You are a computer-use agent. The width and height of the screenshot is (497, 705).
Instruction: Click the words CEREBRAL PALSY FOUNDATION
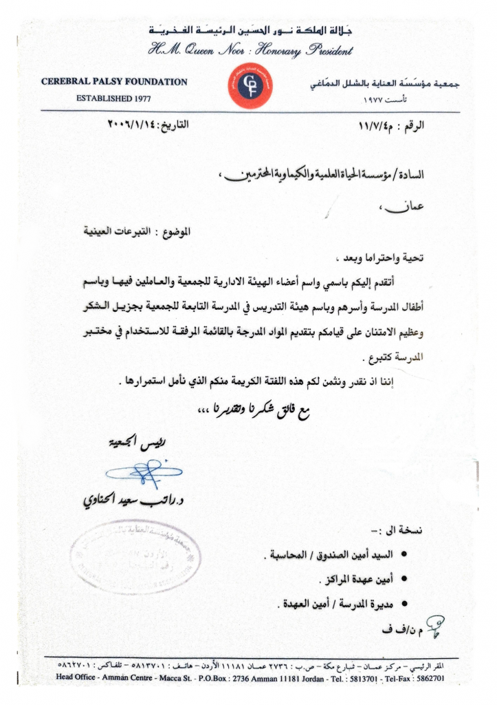point(114,82)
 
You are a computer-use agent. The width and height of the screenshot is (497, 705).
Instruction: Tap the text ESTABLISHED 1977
point(114,98)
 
